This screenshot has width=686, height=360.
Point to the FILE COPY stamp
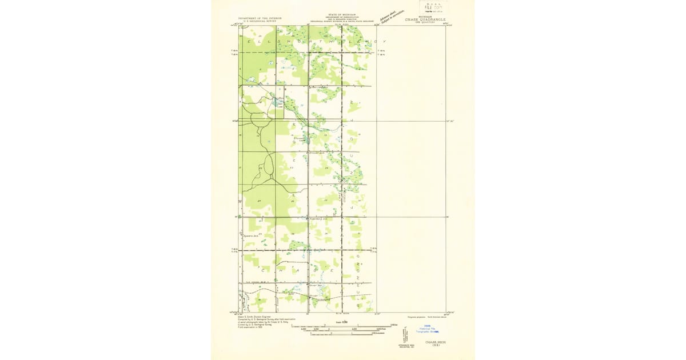pos(433,7)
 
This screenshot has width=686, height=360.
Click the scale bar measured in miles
pos(343,326)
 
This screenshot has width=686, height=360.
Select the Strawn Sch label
pos(317,153)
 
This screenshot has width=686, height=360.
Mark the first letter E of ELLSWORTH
pos(248,42)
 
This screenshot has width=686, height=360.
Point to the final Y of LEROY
pos(384,42)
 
